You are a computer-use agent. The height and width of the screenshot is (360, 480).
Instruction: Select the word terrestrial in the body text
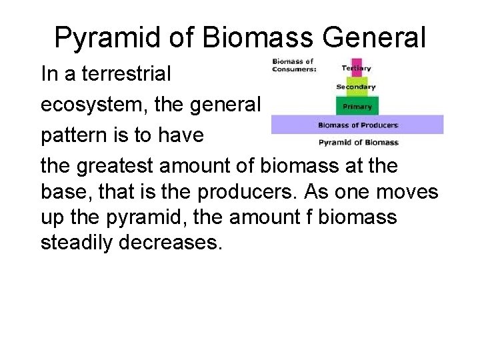click(126, 73)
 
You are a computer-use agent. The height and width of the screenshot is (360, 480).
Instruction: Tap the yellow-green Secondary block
click(356, 87)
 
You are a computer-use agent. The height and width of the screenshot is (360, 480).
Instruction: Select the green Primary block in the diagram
click(357, 105)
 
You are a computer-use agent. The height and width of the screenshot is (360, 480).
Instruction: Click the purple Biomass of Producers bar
click(357, 125)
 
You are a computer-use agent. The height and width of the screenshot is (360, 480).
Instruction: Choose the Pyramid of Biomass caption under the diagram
click(358, 142)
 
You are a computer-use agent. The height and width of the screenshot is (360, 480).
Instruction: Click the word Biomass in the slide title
click(259, 38)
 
